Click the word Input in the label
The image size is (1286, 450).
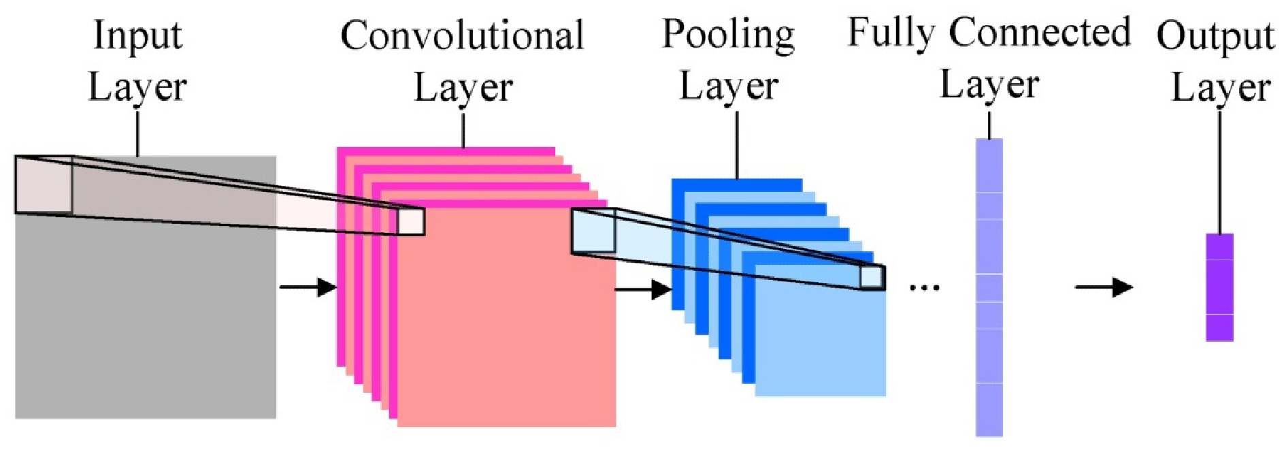tap(137, 35)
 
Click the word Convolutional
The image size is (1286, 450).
tap(462, 35)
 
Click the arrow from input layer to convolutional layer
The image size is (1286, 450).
tap(308, 287)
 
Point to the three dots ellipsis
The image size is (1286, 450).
tap(924, 288)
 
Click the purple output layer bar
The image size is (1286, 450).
tap(1219, 287)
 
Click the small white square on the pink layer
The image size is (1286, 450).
tap(411, 222)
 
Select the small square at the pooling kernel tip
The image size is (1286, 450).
tap(872, 277)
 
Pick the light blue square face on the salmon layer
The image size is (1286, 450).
tap(593, 231)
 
